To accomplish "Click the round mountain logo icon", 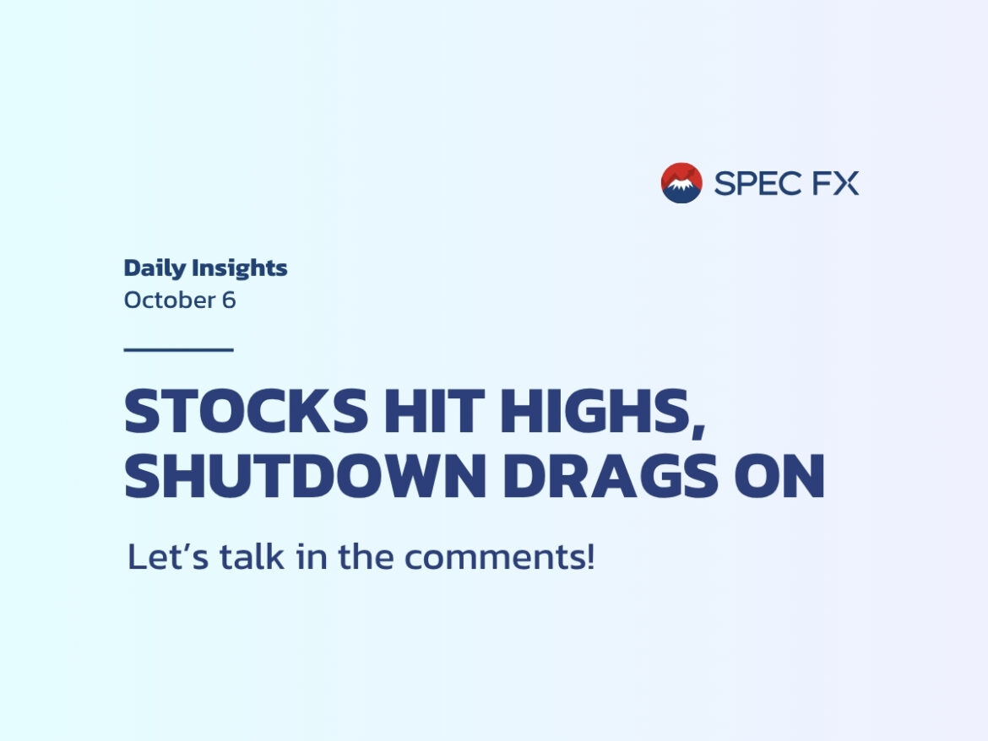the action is (x=681, y=183).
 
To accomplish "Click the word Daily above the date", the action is (x=155, y=268).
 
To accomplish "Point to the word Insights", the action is (x=240, y=268).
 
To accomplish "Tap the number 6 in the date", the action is (x=229, y=300).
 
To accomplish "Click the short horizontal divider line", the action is (x=178, y=349).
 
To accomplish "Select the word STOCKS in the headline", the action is (x=246, y=411).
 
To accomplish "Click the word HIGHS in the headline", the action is (x=594, y=411).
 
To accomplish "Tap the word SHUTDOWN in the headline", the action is (x=306, y=476).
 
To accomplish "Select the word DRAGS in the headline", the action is (x=611, y=476).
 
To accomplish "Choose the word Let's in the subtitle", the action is (x=167, y=556).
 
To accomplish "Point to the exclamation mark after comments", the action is (x=590, y=556).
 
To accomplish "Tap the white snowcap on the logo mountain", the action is (x=681, y=184).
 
